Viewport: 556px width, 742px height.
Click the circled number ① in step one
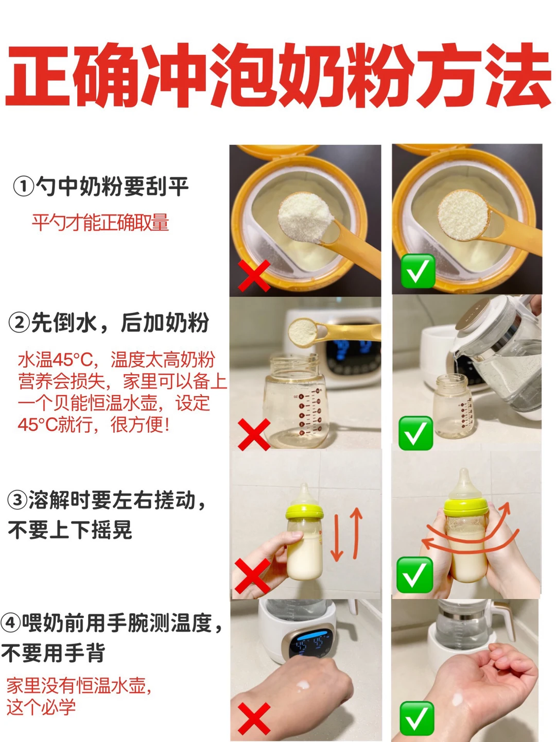point(23,187)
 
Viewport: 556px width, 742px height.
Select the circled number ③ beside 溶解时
point(17,500)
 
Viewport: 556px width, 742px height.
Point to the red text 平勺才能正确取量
point(100,223)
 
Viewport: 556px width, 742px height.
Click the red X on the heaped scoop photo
point(254,276)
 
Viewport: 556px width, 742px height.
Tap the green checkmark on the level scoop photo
point(418,271)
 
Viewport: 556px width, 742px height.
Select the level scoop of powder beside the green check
point(463,215)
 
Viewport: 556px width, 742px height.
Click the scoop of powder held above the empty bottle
point(303,332)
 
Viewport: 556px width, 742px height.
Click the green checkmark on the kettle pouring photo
point(415,433)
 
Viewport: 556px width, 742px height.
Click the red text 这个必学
point(41,707)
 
